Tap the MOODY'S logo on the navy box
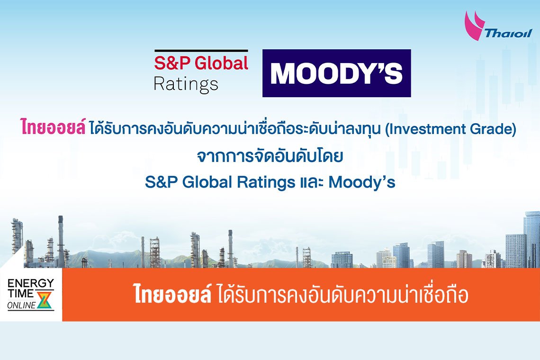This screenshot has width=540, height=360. point(336,73)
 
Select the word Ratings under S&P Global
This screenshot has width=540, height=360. point(186,84)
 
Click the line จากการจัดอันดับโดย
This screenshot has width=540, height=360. point(270,156)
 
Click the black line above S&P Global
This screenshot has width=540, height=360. point(201,50)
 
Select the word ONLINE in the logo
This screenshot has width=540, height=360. point(22,306)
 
